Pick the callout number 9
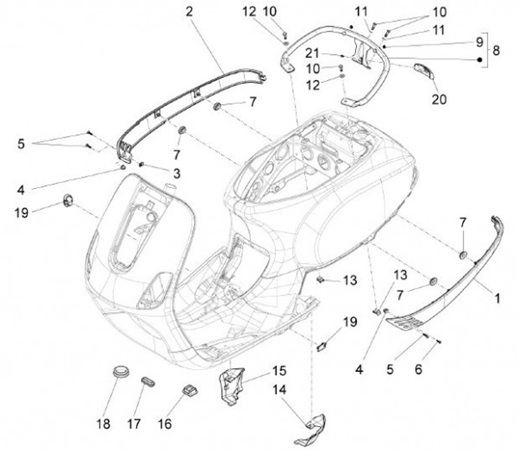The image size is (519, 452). [x=479, y=42]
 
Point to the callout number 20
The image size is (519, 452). [x=439, y=99]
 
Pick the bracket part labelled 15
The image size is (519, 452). [x=233, y=386]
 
